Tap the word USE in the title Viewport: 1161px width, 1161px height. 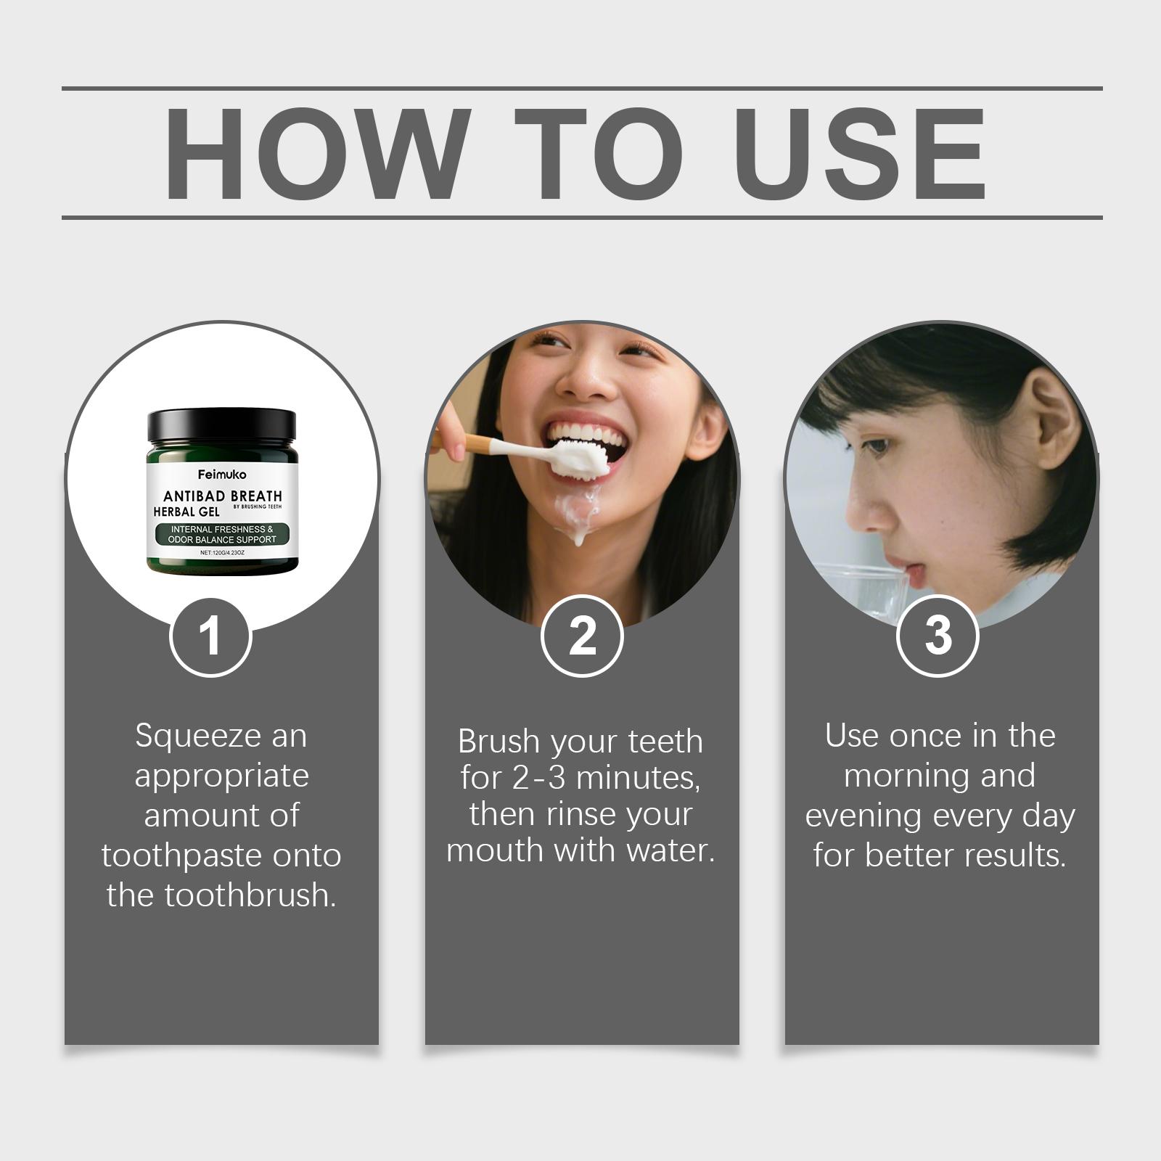coord(863,154)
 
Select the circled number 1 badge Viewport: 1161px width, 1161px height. coord(210,636)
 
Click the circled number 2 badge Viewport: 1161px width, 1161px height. coord(582,636)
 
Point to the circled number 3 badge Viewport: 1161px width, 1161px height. coord(938,636)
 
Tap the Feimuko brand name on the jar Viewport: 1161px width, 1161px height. coord(222,475)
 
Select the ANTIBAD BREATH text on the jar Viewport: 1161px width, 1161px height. coord(222,496)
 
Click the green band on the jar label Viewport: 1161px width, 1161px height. coord(222,534)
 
